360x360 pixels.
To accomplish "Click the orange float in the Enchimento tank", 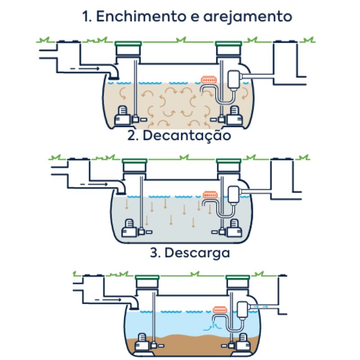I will pyautogui.click(x=208, y=79).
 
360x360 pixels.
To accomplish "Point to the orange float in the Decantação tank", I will pyautogui.click(x=210, y=195).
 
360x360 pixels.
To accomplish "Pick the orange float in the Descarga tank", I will pyautogui.click(x=220, y=310).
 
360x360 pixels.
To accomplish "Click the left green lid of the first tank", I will pyautogui.click(x=129, y=44).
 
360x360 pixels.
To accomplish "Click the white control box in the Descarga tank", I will pyautogui.click(x=243, y=310).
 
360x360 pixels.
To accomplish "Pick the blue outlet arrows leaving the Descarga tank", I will pyautogui.click(x=262, y=306).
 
